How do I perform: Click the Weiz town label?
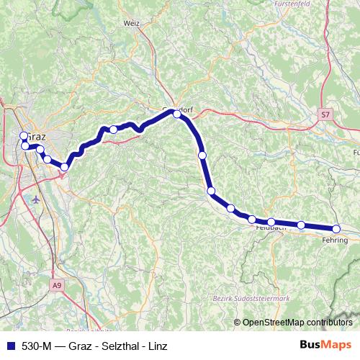coord(131,23)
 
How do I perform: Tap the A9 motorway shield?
coord(58,286)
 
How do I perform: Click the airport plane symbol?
coord(37,198)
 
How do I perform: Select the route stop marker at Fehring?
coord(336,229)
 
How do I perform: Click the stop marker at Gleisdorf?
coord(177,114)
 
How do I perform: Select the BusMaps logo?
coord(325,344)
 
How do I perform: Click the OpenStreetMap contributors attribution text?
coord(297,322)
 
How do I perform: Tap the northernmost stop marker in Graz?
coord(24,135)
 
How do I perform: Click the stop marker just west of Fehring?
coord(301,225)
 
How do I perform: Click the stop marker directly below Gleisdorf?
coord(202,155)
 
